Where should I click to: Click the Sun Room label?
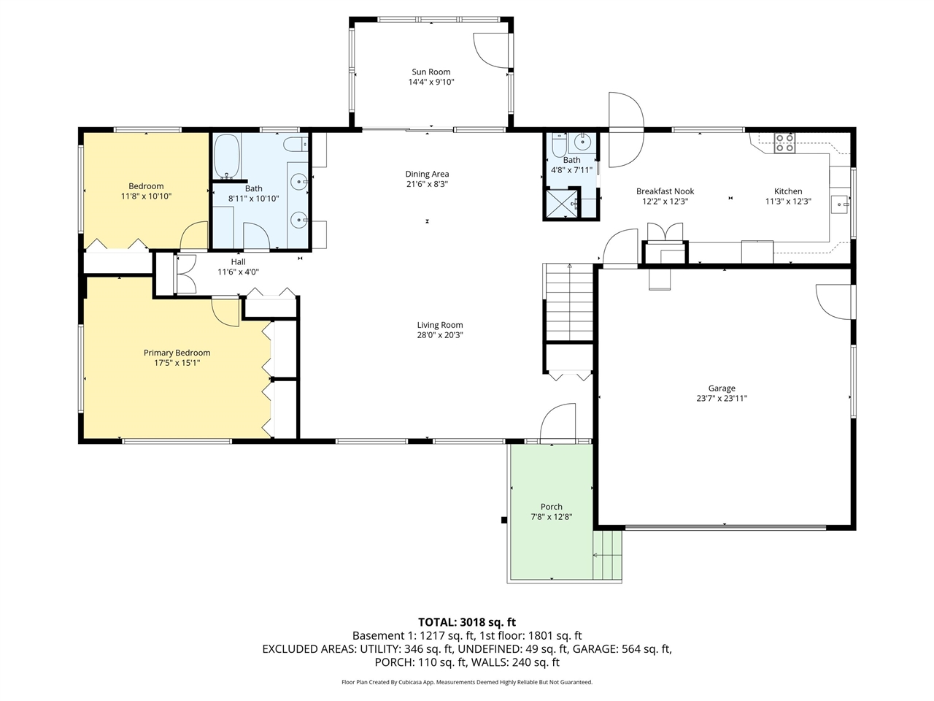pos(431,72)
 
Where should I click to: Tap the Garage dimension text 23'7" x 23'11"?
pos(722,399)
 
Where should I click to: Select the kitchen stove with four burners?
pos(784,143)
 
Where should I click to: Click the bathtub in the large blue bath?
pos(226,156)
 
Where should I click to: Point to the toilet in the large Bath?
pos(296,145)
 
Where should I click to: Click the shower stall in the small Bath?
pos(562,204)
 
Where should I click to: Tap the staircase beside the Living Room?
pos(569,302)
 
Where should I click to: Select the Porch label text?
pos(552,507)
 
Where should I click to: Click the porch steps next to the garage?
pos(608,554)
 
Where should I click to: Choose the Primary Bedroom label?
pos(177,353)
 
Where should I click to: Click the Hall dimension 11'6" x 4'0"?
pos(239,272)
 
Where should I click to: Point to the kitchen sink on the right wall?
pos(840,204)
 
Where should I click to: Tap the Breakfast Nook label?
pos(665,191)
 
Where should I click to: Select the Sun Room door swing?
pos(492,50)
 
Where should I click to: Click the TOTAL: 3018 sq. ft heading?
pos(467,622)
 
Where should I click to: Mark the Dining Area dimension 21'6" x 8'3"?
pos(427,184)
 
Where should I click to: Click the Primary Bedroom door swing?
pos(225,313)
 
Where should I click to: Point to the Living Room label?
pos(440,325)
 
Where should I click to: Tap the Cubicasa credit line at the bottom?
pos(467,682)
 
